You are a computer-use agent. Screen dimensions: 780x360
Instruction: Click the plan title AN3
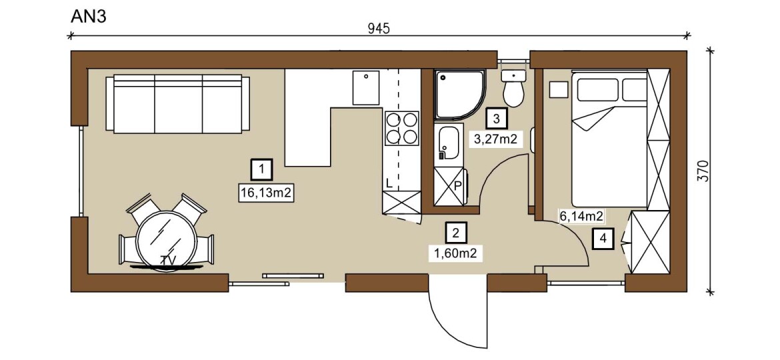point(89,16)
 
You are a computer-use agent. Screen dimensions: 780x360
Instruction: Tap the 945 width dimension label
point(379,29)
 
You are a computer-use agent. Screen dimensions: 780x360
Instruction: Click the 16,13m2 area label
point(265,193)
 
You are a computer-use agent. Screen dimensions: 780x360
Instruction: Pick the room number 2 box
point(456,231)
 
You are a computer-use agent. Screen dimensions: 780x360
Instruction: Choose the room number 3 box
point(497,118)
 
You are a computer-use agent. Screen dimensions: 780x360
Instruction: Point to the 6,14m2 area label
point(582,216)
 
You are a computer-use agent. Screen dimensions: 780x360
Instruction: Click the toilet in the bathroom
point(513,88)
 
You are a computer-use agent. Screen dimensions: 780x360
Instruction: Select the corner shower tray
point(459,95)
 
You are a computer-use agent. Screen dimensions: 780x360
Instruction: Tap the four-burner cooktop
point(401,128)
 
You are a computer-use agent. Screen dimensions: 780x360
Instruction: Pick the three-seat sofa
point(177,104)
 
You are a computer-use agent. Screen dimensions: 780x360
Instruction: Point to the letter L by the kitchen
point(389,183)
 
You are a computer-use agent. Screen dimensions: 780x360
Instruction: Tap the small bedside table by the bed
point(559,89)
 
